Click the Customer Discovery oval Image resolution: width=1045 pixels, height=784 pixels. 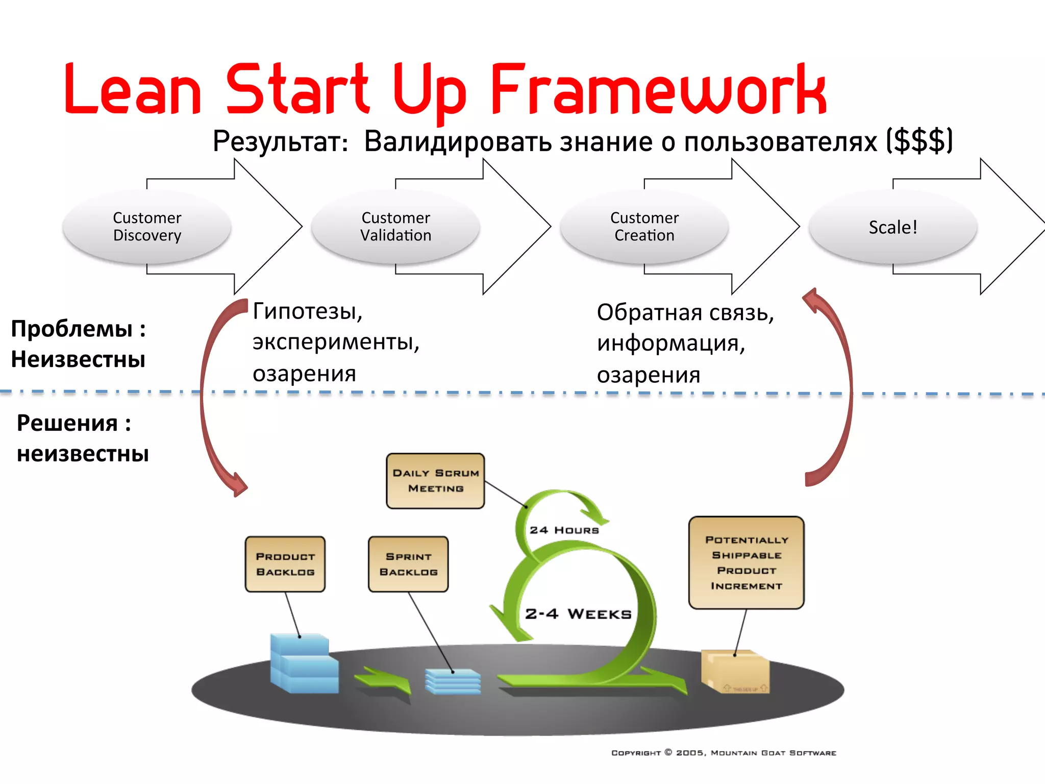(147, 227)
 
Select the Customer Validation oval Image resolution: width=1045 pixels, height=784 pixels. (395, 227)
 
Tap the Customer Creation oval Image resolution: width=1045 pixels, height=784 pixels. (644, 227)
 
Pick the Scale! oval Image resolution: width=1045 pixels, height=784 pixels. (893, 227)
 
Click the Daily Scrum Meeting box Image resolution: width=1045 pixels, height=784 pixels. (435, 481)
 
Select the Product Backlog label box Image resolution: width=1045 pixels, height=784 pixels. (285, 564)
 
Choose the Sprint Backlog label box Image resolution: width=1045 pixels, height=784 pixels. (408, 564)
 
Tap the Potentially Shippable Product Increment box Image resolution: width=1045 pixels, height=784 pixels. (746, 562)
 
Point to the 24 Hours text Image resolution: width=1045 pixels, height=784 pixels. (564, 530)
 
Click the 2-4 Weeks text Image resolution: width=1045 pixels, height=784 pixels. (578, 614)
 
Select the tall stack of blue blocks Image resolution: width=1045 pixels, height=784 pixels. (304, 664)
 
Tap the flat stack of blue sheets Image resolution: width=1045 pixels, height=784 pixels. (453, 681)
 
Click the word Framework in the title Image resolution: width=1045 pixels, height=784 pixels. (658, 89)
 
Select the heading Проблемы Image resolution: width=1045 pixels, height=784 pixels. (72, 329)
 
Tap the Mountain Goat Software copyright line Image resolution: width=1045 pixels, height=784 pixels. (724, 753)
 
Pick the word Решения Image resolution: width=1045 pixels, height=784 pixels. (67, 424)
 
